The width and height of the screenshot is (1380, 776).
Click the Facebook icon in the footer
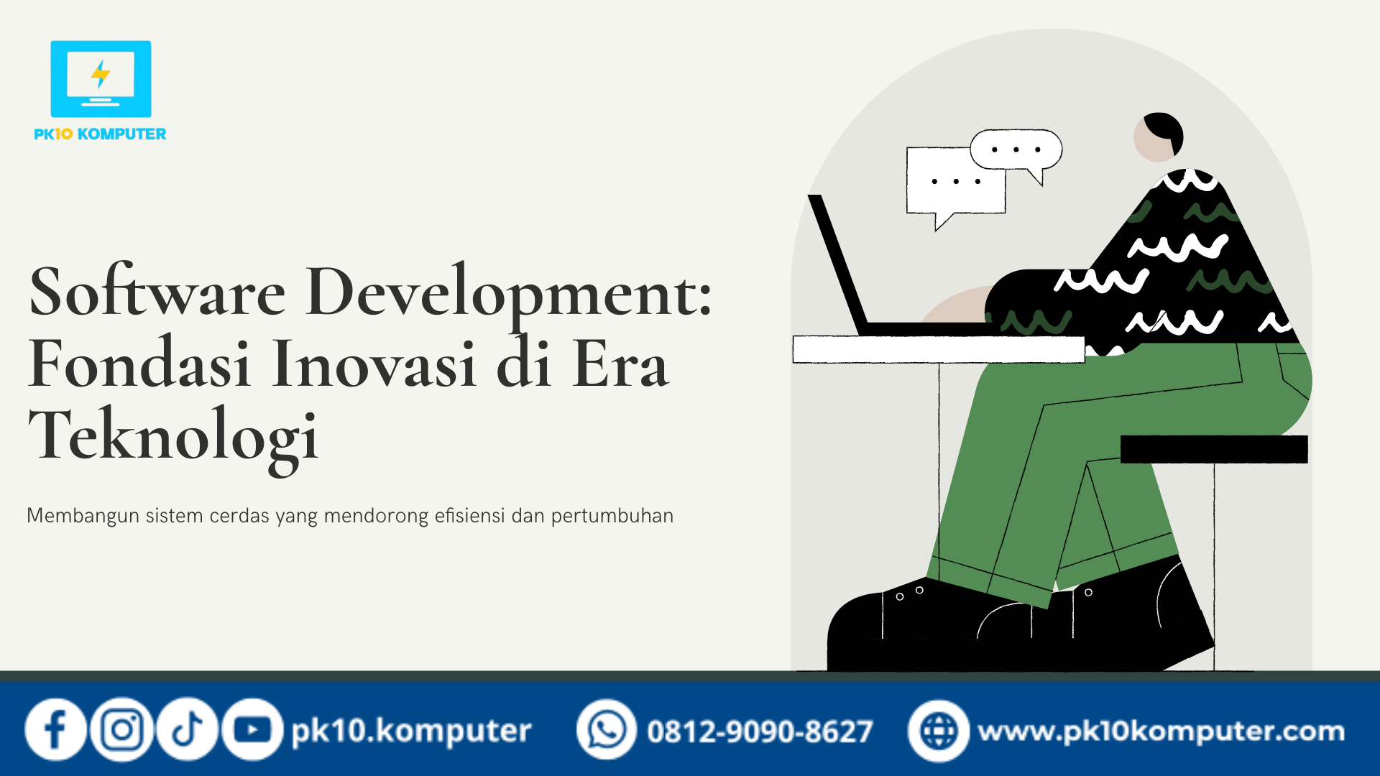tap(55, 730)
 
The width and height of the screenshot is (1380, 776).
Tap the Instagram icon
tap(121, 730)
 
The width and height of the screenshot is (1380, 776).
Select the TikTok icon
tap(187, 730)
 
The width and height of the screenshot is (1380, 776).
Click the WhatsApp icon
tap(607, 730)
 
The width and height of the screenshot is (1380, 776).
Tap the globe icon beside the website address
tap(939, 731)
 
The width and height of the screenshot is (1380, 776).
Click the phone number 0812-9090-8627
tap(760, 731)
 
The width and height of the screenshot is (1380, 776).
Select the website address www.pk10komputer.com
tap(1161, 731)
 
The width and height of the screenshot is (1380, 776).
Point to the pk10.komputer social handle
tap(411, 731)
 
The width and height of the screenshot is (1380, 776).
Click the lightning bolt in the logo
tap(101, 73)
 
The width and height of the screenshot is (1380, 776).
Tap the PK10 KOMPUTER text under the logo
tap(100, 134)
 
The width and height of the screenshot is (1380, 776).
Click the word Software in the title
tap(157, 292)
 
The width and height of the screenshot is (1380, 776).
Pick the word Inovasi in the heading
tap(374, 364)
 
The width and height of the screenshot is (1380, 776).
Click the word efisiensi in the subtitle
tap(469, 516)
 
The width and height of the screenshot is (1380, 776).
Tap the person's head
tap(1158, 137)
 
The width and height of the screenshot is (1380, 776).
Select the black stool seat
tap(1214, 449)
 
